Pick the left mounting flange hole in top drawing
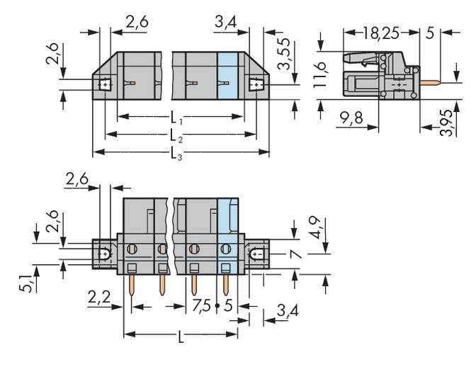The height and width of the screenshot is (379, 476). coord(105,85)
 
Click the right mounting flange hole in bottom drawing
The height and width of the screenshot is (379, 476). coord(256,253)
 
